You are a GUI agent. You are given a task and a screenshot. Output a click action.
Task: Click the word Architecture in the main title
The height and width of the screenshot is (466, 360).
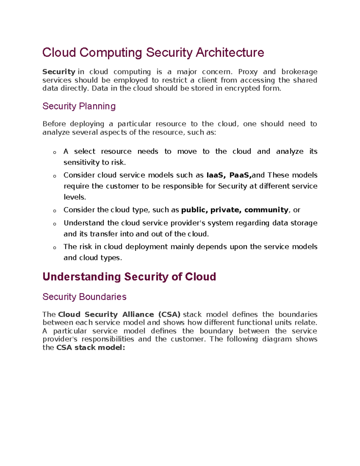click(230, 53)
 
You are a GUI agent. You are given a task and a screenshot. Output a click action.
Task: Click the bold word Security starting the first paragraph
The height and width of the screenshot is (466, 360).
click(59, 72)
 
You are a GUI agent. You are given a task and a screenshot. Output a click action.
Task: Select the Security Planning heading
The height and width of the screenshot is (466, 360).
click(79, 106)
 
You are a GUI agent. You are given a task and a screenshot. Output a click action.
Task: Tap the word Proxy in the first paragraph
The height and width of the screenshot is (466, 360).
click(248, 72)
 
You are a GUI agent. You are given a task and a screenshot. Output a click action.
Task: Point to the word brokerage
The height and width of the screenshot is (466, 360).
click(299, 72)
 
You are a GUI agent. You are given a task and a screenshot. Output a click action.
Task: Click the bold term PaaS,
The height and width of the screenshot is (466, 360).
click(240, 175)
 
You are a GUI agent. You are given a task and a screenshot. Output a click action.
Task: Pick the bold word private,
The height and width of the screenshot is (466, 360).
click(226, 210)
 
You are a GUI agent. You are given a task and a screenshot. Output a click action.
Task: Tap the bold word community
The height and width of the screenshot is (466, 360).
click(266, 210)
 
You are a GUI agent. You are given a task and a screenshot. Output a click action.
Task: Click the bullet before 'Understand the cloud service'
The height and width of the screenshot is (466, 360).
click(55, 224)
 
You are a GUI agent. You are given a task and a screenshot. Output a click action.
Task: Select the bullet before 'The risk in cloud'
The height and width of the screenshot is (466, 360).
click(55, 248)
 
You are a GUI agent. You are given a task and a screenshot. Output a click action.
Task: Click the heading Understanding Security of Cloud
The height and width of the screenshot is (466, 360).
click(129, 277)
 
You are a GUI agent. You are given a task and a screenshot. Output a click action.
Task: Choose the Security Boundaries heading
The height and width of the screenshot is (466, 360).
click(84, 297)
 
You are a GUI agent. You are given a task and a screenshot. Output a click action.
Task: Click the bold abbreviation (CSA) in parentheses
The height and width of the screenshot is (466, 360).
click(169, 314)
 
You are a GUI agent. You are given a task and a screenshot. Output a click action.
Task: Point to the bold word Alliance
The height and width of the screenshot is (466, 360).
click(138, 314)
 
